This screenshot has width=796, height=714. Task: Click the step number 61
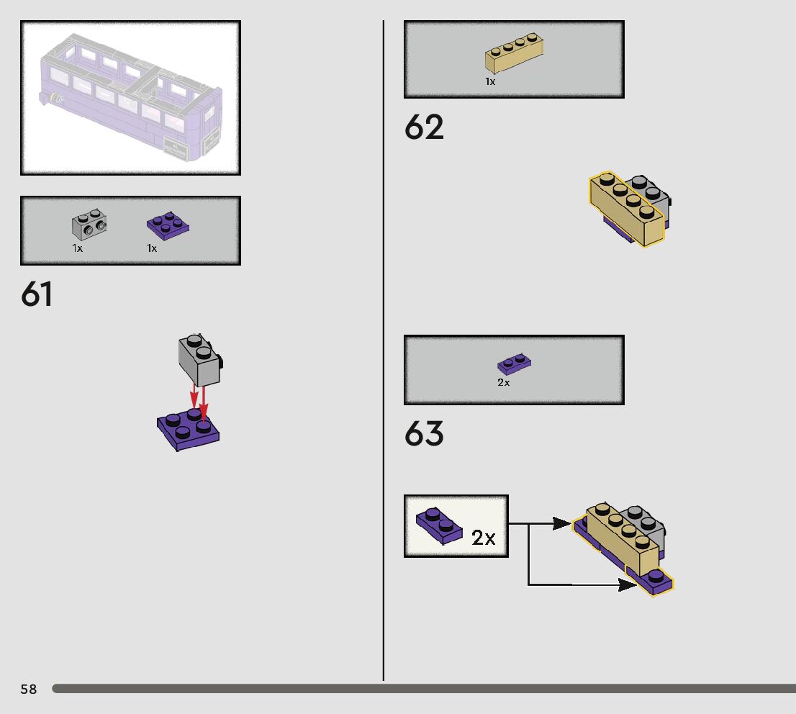37,295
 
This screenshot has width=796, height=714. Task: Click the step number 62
424,127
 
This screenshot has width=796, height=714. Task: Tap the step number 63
424,434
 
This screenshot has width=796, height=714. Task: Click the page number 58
28,690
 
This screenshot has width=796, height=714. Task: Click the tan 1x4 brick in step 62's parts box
514,54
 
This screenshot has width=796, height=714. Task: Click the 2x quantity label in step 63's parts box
503,383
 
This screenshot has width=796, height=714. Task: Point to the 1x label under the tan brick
490,82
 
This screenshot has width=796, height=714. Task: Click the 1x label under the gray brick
78,248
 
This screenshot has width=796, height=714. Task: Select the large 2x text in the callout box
484,538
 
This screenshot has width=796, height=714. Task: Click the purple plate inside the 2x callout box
439,525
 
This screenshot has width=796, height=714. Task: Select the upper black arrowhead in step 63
563,524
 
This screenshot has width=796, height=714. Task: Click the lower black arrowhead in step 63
628,584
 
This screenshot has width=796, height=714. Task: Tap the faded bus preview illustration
130,98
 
